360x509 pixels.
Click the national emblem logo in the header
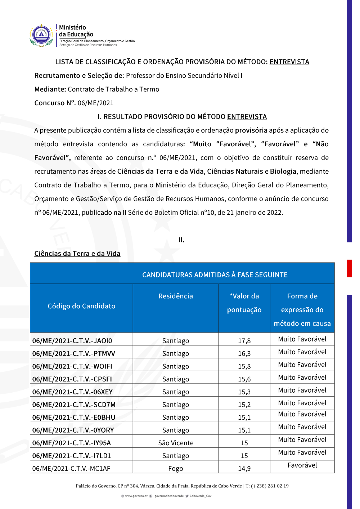click(x=41, y=35)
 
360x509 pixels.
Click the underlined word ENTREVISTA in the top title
click(x=289, y=62)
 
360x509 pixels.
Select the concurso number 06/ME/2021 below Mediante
click(x=95, y=103)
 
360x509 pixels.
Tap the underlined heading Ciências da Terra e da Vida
click(x=77, y=254)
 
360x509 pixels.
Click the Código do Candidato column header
click(x=81, y=306)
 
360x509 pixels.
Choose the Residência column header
click(x=176, y=296)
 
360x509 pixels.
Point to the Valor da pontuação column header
click(x=244, y=303)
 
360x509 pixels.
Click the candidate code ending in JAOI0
click(x=72, y=341)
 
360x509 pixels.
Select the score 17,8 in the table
click(x=244, y=341)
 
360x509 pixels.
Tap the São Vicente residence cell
click(x=176, y=443)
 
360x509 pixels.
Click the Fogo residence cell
click(x=176, y=469)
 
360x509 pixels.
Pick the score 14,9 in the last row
click(x=244, y=469)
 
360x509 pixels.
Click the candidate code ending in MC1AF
click(x=71, y=469)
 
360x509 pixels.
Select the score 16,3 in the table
click(x=244, y=354)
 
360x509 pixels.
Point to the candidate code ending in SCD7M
click(x=74, y=405)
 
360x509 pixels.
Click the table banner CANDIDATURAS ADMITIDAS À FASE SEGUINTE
click(x=215, y=275)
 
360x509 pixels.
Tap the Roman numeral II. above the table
click(x=181, y=240)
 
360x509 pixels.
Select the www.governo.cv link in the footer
click(x=136, y=496)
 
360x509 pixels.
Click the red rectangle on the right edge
click(x=349, y=268)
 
